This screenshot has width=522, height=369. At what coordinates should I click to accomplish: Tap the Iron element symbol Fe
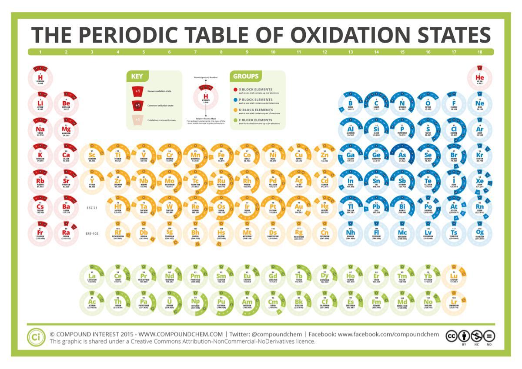pos(221,155)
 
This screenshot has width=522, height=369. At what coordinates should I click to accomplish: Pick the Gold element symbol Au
pos(298,206)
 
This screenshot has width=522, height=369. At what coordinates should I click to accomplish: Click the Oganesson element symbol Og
pos(479,232)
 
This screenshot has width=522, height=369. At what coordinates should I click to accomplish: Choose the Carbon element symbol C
pos(376,103)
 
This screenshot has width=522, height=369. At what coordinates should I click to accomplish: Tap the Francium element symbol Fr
pos(40,232)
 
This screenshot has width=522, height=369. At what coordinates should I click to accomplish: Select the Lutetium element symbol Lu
pos(454,276)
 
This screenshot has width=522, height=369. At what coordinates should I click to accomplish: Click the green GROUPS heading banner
pos(245,76)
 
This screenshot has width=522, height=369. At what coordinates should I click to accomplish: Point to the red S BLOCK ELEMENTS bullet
pos(235,90)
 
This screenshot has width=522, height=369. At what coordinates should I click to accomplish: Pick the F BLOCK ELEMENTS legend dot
pos(235,120)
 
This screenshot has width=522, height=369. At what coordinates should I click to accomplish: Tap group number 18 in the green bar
pos(479,52)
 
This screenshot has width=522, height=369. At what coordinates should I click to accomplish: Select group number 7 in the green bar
pos(195,52)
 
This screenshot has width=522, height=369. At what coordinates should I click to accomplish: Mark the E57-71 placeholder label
pos(92,208)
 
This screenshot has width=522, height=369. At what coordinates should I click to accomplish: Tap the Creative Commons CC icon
pos(451,336)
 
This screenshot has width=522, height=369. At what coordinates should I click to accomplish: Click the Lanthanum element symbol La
pos(92,276)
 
